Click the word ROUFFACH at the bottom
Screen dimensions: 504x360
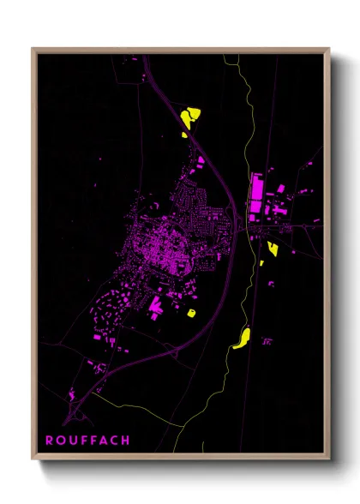87,441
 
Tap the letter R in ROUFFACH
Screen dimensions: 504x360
50,441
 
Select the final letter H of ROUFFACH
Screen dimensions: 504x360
126,441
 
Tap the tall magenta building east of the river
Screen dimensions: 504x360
255,198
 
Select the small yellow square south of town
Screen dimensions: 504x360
191,312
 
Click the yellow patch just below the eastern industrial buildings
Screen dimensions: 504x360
273,249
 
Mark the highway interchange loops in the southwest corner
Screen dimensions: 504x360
80,413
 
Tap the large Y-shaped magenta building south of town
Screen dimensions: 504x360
156,304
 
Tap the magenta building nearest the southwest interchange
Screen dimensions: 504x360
70,394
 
